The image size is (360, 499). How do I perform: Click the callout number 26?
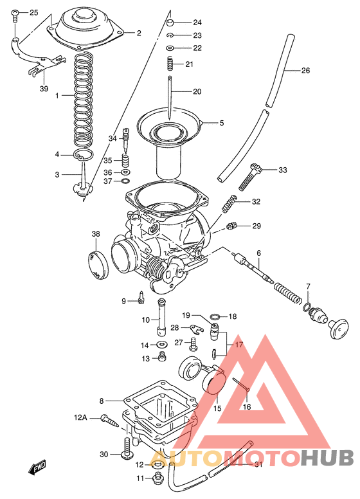(x=305, y=70)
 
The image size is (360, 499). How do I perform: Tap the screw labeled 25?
(x=15, y=14)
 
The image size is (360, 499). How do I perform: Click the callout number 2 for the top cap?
(x=138, y=32)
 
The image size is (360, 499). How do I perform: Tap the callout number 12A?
(x=80, y=417)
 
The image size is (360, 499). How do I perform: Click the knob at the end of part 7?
(x=337, y=331)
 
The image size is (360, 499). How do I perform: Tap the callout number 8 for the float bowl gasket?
(x=102, y=401)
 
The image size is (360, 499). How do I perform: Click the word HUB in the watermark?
(x=328, y=457)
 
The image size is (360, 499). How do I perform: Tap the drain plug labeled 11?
(x=156, y=478)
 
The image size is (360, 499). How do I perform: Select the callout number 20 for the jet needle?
(x=197, y=91)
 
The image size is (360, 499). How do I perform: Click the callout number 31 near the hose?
(x=258, y=464)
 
